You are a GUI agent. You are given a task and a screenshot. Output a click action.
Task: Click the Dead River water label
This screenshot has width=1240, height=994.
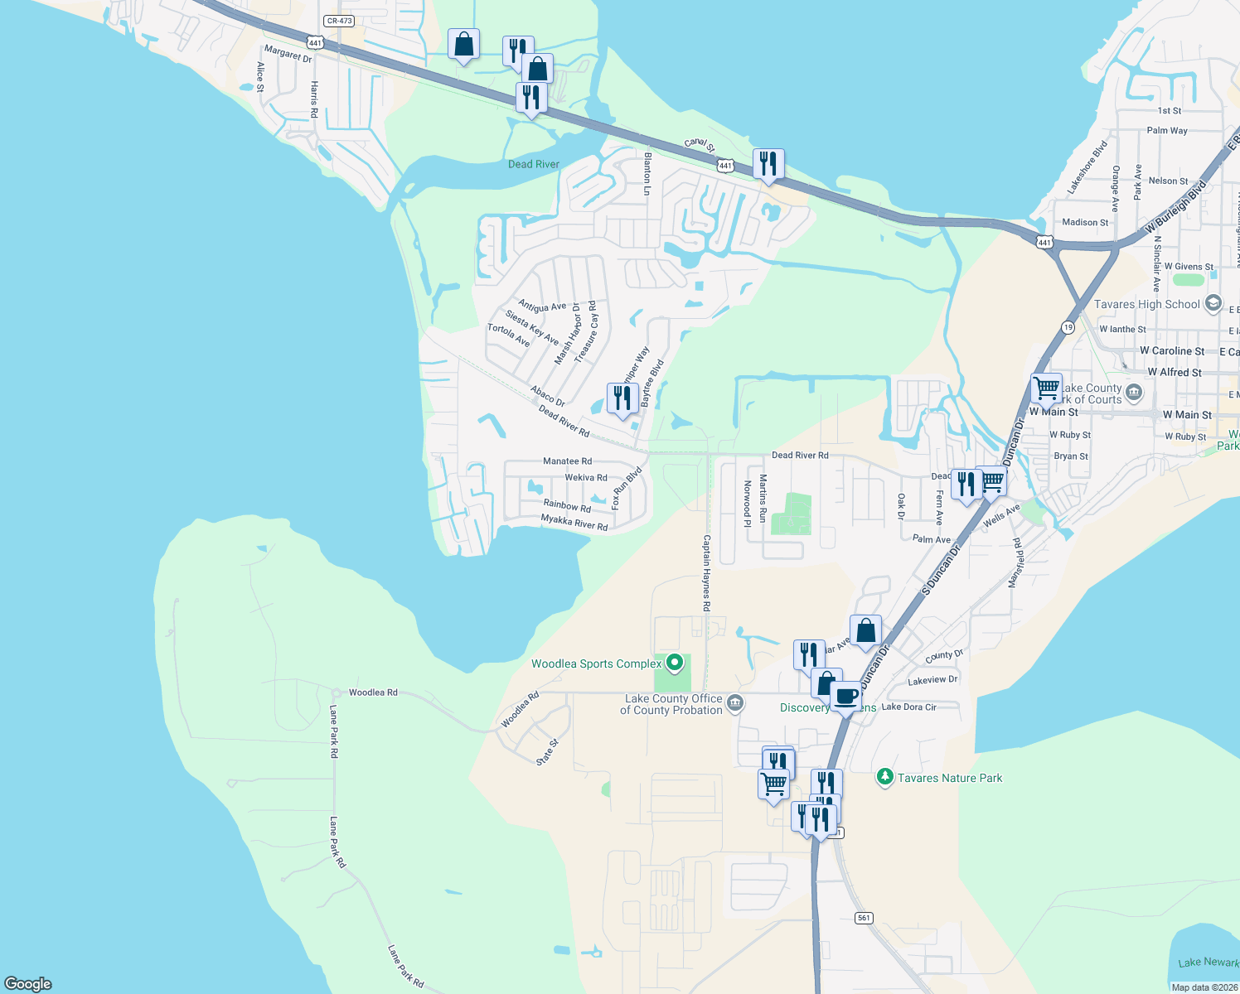coord(533,164)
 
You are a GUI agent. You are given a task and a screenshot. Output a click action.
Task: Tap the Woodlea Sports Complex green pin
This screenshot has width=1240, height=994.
coord(675,663)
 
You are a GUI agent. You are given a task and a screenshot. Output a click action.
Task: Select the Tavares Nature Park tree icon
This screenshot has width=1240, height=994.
coord(885,777)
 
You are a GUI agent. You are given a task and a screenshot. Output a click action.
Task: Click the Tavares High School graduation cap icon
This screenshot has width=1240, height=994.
coord(1213,303)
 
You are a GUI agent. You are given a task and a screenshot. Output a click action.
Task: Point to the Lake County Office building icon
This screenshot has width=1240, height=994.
coord(734,704)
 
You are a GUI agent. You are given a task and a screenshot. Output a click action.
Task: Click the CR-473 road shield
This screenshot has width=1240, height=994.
coord(339,21)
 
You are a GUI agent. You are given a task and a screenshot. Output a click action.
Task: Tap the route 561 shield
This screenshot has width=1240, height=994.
coord(865,918)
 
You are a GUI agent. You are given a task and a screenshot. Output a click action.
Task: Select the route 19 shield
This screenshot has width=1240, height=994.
coord(1068,327)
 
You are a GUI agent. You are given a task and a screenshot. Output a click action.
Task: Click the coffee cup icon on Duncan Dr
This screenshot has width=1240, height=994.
coord(845,697)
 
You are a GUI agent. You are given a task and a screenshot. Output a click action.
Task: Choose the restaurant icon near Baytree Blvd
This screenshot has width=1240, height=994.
coord(622,398)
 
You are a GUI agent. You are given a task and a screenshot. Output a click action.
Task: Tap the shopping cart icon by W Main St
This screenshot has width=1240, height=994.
coord(1047,388)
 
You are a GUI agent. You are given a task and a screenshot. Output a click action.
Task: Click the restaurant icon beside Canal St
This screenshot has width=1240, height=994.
coord(768,164)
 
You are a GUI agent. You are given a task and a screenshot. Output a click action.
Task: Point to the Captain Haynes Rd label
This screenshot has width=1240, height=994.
coord(706,573)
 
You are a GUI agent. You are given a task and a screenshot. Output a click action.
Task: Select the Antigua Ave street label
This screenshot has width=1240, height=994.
coord(542,306)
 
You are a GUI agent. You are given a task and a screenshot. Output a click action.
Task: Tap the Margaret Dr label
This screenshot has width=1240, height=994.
coord(288,55)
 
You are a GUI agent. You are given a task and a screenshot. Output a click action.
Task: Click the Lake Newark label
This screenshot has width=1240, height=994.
coord(1209,962)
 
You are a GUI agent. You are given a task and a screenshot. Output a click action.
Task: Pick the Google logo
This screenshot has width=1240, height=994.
coord(27,984)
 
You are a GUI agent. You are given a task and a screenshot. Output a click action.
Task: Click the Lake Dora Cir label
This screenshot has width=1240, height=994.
coord(908,707)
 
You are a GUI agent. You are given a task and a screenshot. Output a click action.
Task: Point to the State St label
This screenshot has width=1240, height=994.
coord(547,752)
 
